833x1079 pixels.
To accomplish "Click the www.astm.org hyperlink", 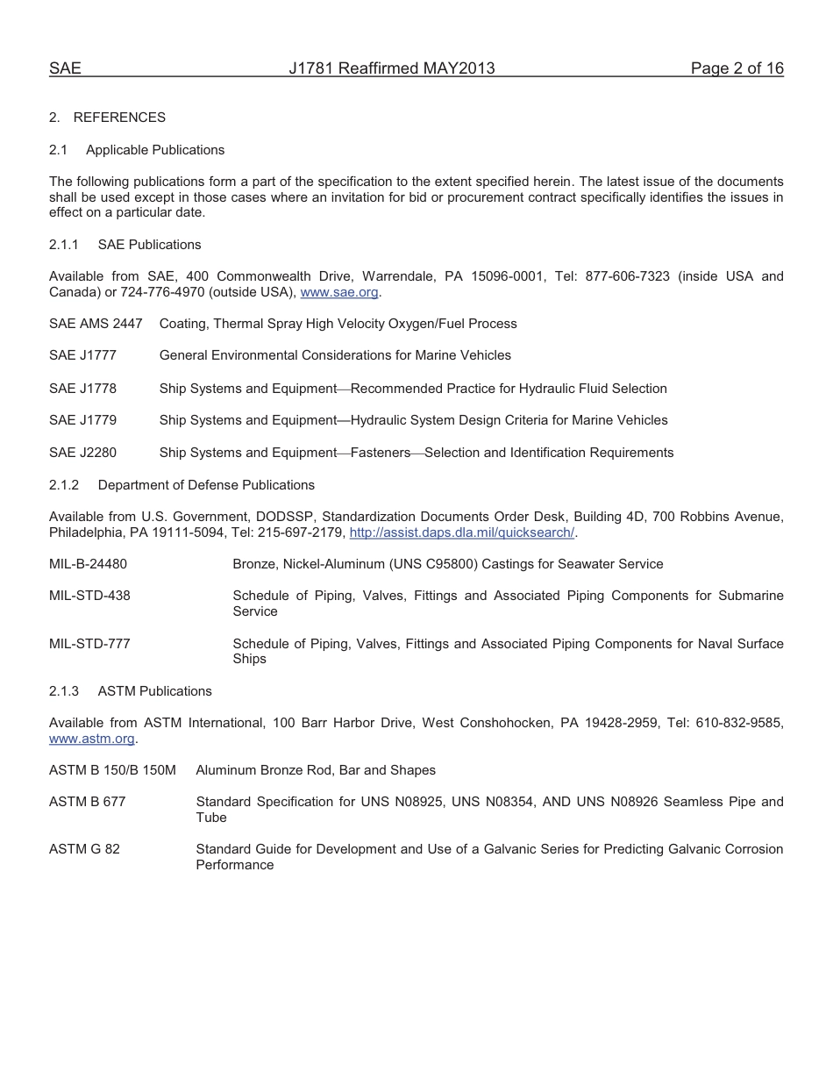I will click(91, 739).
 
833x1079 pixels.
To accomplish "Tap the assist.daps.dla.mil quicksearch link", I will click(461, 532).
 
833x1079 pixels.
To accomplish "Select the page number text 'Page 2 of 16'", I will click(737, 68).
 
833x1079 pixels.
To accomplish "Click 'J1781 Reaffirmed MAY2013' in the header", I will click(392, 68).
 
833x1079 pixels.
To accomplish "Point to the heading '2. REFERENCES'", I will click(107, 117).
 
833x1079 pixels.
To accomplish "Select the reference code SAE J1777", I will click(82, 355).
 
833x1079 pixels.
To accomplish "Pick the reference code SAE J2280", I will click(82, 453).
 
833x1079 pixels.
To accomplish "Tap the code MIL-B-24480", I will click(88, 564).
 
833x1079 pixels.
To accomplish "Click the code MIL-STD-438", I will click(89, 596).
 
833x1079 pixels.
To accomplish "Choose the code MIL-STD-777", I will click(89, 644).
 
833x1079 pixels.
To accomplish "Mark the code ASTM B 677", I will click(87, 802).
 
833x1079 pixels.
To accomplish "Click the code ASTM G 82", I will click(84, 849).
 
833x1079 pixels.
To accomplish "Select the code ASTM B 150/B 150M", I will click(112, 770).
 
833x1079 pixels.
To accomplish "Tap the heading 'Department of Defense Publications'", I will click(206, 484).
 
